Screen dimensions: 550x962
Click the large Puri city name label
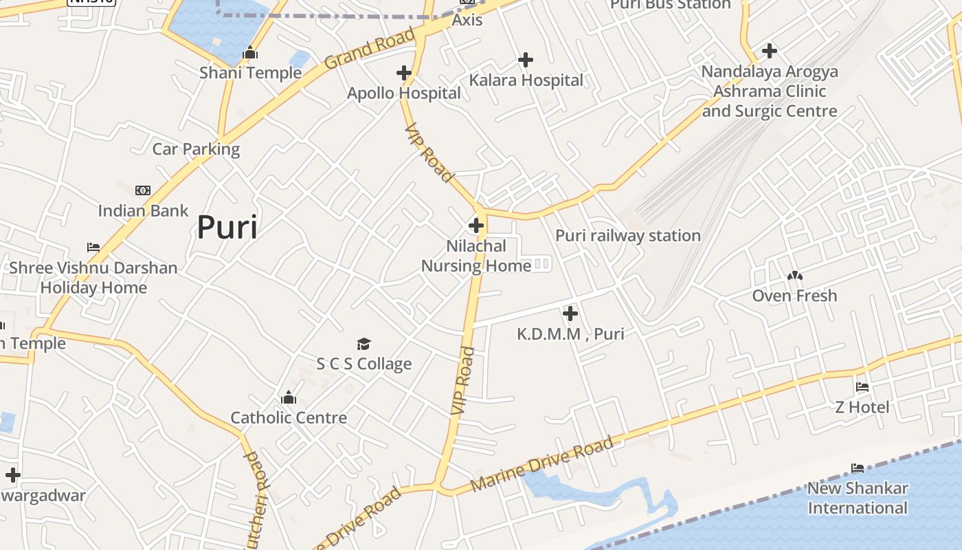(227, 228)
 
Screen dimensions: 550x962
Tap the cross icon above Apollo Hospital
(404, 72)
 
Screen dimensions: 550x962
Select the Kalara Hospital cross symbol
(526, 60)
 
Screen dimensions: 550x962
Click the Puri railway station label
(627, 236)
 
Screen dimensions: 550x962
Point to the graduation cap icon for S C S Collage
(363, 344)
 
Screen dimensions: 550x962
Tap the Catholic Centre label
(289, 417)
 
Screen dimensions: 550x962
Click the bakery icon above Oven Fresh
(795, 276)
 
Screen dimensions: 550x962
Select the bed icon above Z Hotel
(862, 387)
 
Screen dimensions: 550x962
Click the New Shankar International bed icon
(858, 468)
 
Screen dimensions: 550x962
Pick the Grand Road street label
(370, 48)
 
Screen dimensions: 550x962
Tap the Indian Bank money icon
(143, 190)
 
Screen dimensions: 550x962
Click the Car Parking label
(196, 149)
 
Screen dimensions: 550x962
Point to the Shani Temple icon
(250, 52)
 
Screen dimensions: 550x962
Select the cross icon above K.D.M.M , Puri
(570, 314)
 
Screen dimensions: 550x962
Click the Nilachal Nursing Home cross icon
(476, 225)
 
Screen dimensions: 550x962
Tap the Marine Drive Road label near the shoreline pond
(543, 465)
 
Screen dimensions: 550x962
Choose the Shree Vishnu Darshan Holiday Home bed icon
(93, 247)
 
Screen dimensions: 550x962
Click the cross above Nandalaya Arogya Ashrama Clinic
(770, 51)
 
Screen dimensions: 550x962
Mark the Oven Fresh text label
(794, 296)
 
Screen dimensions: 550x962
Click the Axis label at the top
(467, 20)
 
